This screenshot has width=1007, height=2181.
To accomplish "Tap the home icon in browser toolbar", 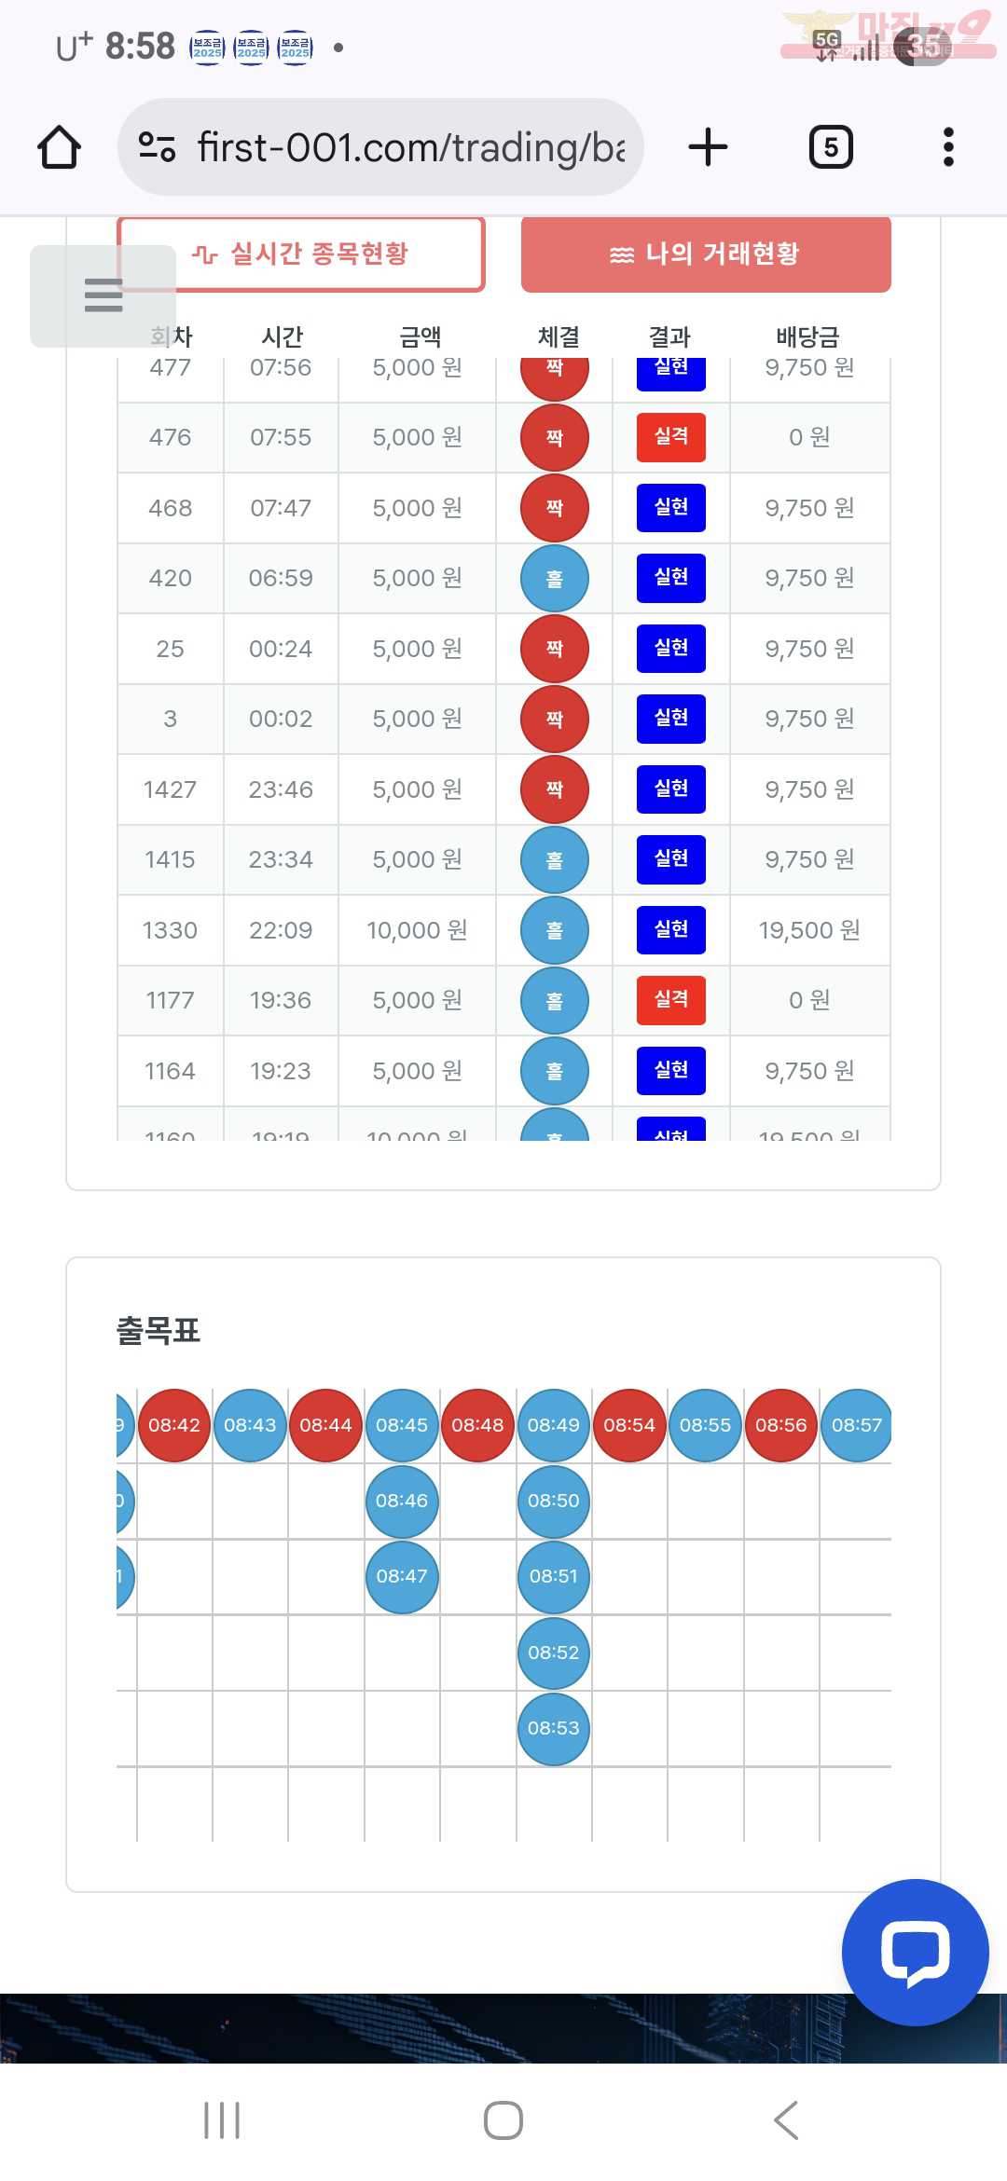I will click(59, 147).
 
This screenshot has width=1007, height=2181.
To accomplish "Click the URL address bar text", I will click(410, 147).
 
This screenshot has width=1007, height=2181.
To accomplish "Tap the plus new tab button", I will click(708, 147).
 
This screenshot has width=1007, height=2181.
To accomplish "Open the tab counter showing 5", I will click(831, 147).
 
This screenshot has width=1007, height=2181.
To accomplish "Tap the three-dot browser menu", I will click(948, 147).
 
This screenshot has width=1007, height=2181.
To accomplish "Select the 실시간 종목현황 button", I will click(300, 254).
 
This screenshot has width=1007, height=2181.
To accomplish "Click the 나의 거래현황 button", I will click(706, 254).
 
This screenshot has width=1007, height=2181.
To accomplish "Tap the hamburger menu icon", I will click(103, 295).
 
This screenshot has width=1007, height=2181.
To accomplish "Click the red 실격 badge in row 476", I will click(670, 437).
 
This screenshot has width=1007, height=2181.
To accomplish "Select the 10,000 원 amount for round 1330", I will click(417, 930).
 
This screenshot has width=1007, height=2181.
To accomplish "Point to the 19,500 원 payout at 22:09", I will click(809, 930).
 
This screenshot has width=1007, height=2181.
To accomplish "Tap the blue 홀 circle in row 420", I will click(555, 579).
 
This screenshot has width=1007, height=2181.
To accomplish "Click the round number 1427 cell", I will click(170, 789).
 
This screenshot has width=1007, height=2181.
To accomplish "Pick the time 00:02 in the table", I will click(281, 719).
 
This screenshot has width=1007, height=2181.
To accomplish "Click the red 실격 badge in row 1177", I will click(670, 1000).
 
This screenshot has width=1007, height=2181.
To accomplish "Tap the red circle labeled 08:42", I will click(174, 1425).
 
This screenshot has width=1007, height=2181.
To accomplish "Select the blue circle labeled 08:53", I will click(554, 1728).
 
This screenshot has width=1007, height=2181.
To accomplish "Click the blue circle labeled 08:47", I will click(402, 1576).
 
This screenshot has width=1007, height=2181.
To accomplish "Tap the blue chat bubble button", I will click(915, 1952).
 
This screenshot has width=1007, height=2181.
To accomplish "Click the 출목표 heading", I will click(159, 1331).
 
